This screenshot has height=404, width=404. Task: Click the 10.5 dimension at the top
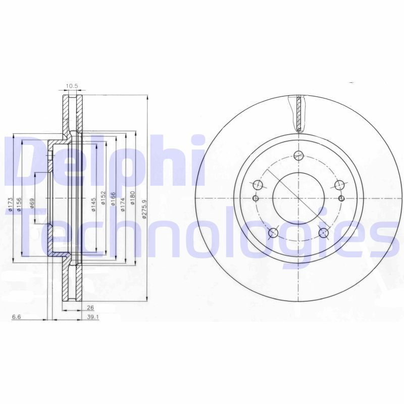click(x=72, y=86)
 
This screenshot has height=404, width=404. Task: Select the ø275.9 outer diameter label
click(x=144, y=209)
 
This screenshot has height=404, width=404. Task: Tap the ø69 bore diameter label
click(x=32, y=203)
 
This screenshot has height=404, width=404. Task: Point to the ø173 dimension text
click(x=10, y=205)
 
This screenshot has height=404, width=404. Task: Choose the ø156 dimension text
click(x=19, y=205)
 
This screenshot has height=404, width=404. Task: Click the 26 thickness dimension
click(x=90, y=307)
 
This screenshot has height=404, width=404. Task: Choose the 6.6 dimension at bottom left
click(x=16, y=317)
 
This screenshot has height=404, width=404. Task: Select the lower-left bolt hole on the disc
click(x=273, y=232)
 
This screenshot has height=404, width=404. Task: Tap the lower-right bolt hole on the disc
click(x=324, y=232)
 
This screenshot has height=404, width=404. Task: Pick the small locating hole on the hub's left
click(x=255, y=197)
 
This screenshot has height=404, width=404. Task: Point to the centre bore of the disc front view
click(x=298, y=197)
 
